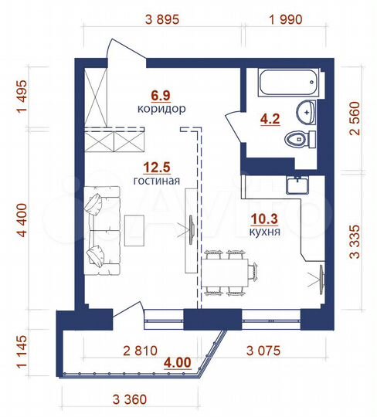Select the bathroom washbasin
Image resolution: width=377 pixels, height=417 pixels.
coord(307,112)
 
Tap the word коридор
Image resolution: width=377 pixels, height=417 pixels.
coord(161,110)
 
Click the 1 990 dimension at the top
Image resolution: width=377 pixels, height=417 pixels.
coord(285,20)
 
